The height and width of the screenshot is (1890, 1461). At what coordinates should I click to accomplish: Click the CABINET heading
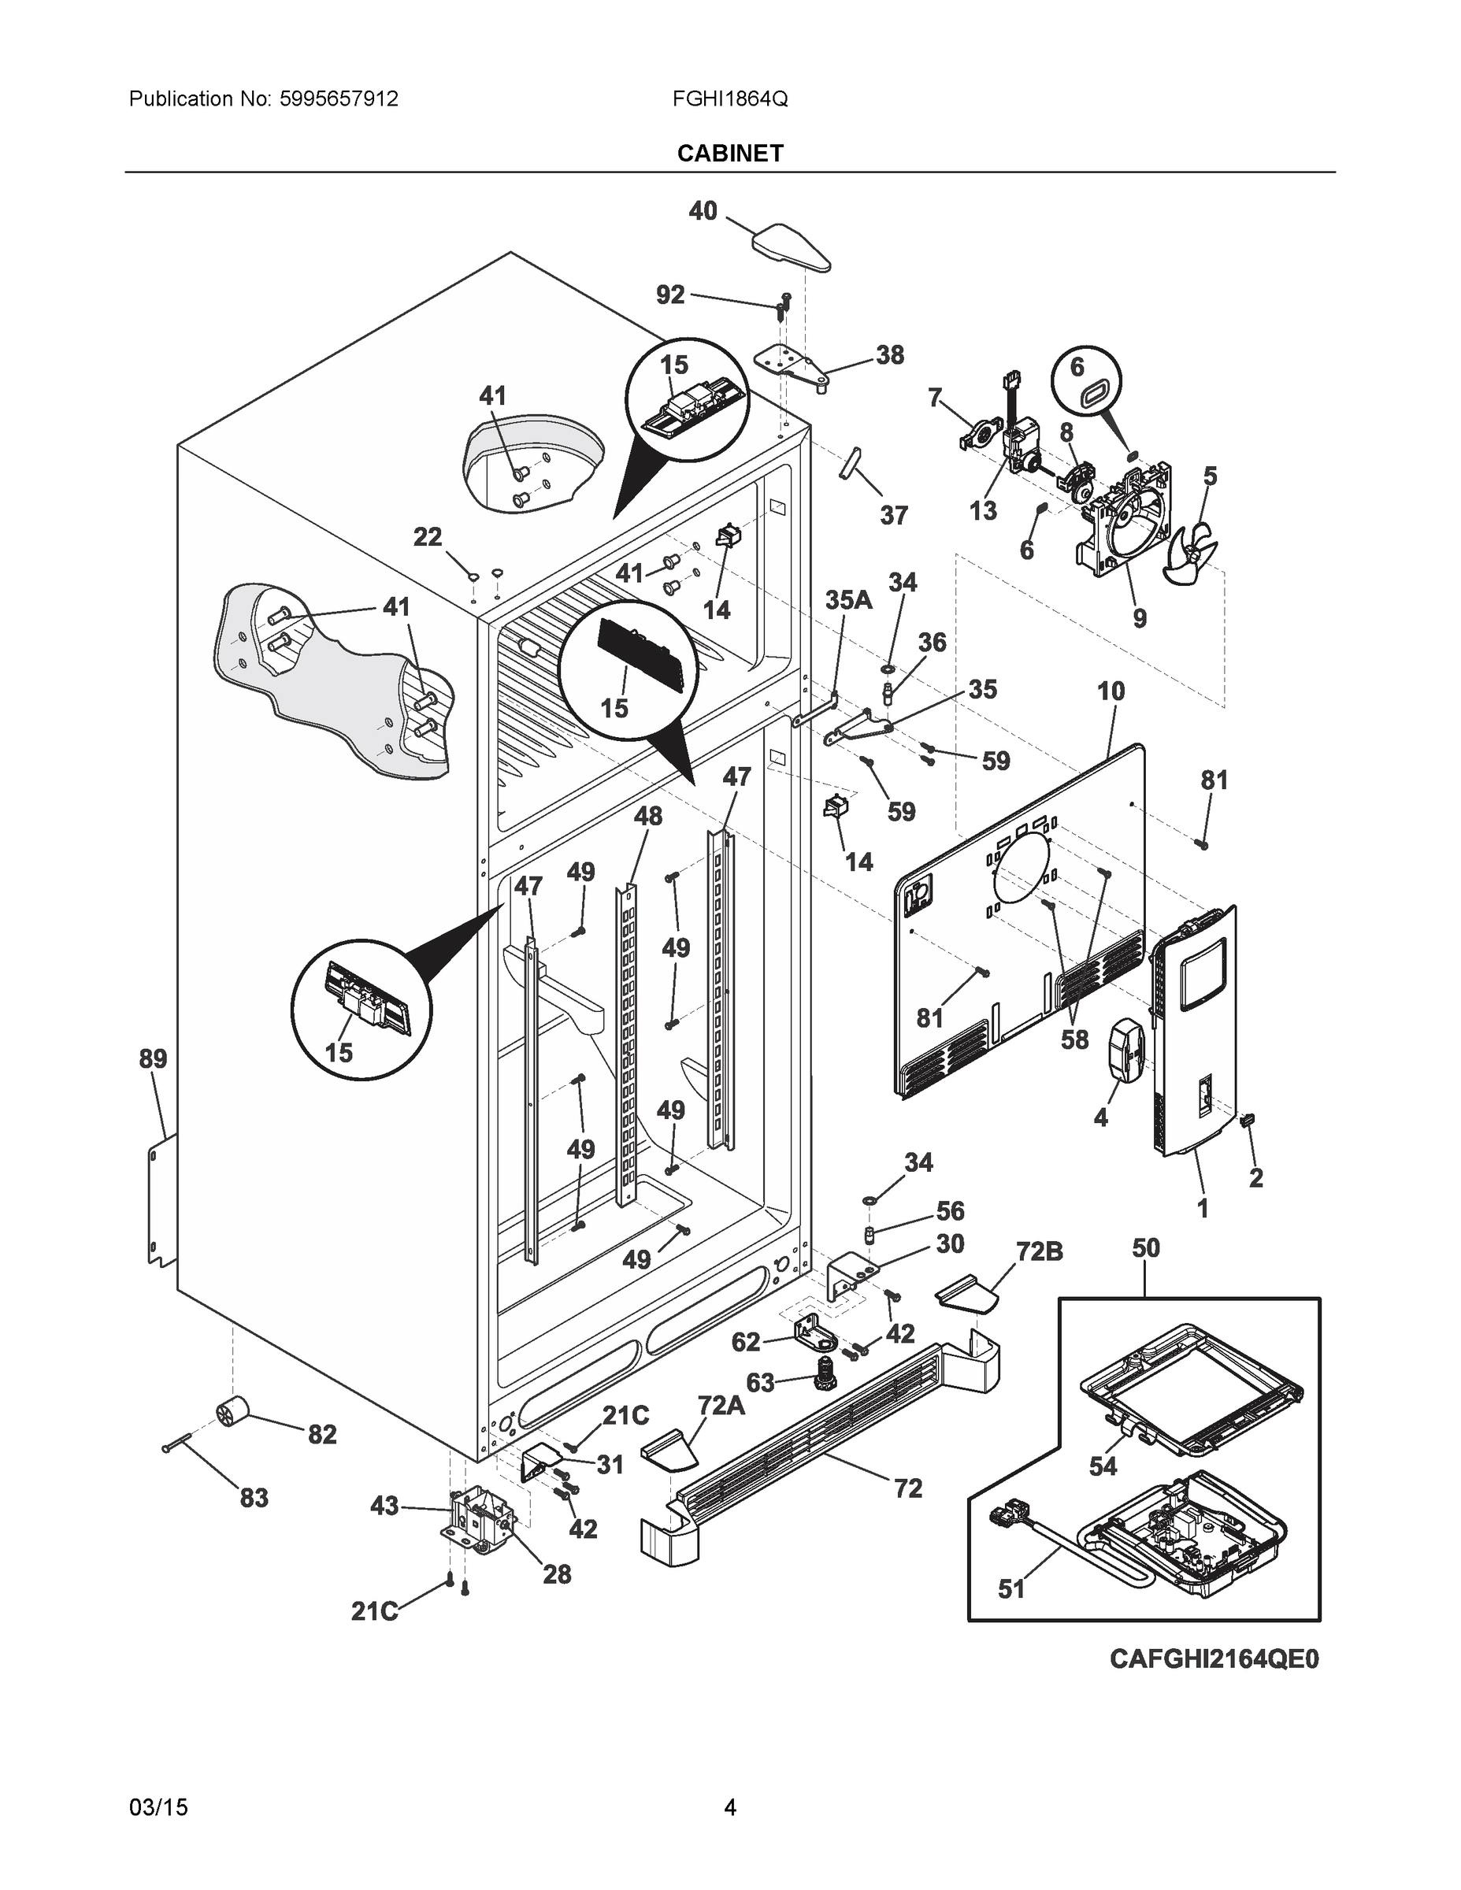pos(729,154)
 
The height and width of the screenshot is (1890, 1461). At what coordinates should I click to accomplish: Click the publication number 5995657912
pos(339,98)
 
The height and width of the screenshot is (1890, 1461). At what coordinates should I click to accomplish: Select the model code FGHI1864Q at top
pos(729,98)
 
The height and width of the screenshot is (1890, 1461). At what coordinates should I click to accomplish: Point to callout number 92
pos(670,295)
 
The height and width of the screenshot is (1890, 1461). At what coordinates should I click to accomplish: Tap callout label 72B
pos(1039,1251)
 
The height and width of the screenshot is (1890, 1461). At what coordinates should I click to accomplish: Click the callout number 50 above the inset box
pos(1145,1248)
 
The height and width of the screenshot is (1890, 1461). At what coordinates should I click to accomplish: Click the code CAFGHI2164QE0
pos(1214,1683)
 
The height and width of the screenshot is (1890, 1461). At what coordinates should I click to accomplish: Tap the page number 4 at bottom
pos(729,1807)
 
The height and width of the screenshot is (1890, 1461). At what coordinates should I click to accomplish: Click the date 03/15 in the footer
pos(158,1807)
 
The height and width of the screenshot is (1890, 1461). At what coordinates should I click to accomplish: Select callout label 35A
pos(847,600)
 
